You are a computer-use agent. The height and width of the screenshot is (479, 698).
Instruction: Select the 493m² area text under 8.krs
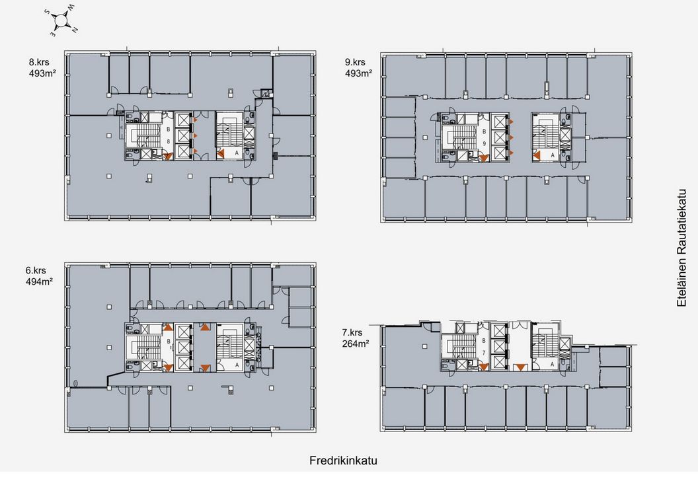[x=42, y=74]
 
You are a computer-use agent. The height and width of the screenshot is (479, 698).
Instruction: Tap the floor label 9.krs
[x=355, y=62]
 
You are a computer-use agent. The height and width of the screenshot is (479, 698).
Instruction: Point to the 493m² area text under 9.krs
[x=358, y=74]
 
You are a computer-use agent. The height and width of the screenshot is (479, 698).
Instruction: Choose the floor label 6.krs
[x=36, y=270]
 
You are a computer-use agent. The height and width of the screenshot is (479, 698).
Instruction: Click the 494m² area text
[x=39, y=282]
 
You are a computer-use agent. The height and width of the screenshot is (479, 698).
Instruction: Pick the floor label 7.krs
[x=352, y=332]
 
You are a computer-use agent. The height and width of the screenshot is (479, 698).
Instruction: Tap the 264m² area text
[x=355, y=344]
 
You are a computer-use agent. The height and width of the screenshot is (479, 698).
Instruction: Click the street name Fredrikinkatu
[x=343, y=461]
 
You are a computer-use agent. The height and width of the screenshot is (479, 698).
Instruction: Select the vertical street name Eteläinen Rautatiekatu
[x=681, y=248]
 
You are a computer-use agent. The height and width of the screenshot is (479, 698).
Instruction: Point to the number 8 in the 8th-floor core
[x=169, y=141]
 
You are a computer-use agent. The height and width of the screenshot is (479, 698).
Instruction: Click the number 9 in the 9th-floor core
[x=485, y=143]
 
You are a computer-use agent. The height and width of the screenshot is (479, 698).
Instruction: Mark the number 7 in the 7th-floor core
[x=484, y=353]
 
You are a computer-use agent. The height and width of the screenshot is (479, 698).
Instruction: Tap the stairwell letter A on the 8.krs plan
[x=237, y=153]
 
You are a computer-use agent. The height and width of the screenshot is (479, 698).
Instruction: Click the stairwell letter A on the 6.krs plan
[x=237, y=365]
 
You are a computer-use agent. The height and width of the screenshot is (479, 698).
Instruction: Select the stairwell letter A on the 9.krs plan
[x=553, y=155]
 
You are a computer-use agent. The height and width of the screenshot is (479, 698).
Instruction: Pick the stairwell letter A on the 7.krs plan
[x=552, y=364]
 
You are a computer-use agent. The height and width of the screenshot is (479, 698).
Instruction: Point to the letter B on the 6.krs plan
[x=169, y=342]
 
